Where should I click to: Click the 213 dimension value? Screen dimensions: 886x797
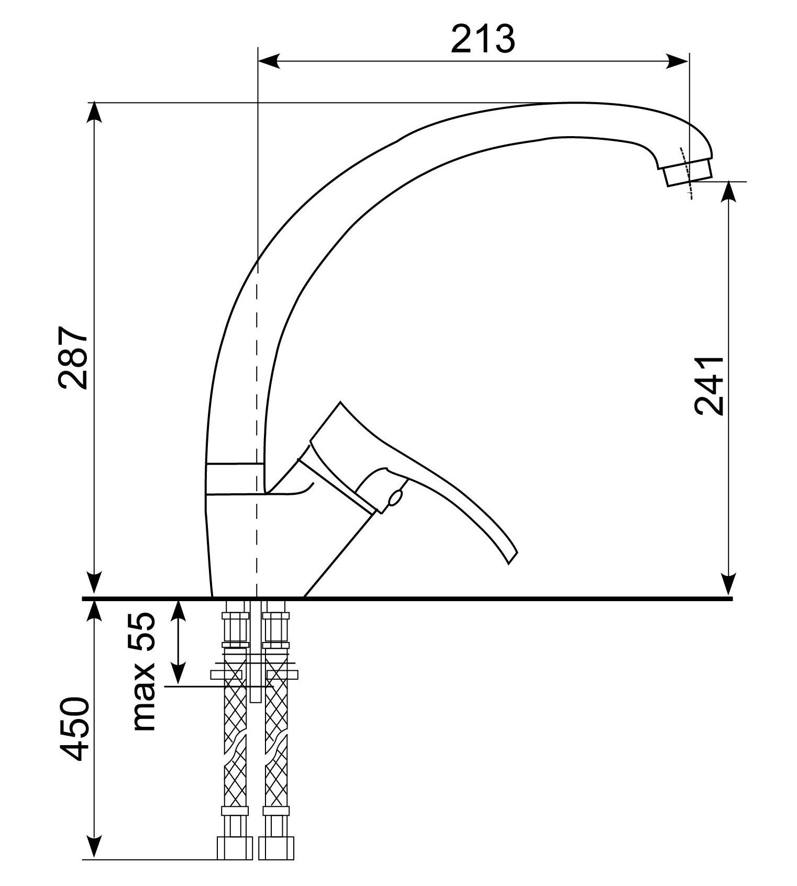[483, 39]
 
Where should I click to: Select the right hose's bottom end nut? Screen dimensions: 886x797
[276, 848]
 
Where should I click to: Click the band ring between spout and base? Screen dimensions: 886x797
[234, 478]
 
